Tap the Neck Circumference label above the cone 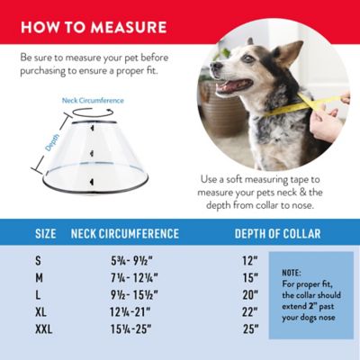[x=93, y=101]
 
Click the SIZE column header [x=45, y=234]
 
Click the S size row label [x=38, y=260]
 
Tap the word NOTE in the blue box [x=291, y=272]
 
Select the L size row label [x=38, y=294]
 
